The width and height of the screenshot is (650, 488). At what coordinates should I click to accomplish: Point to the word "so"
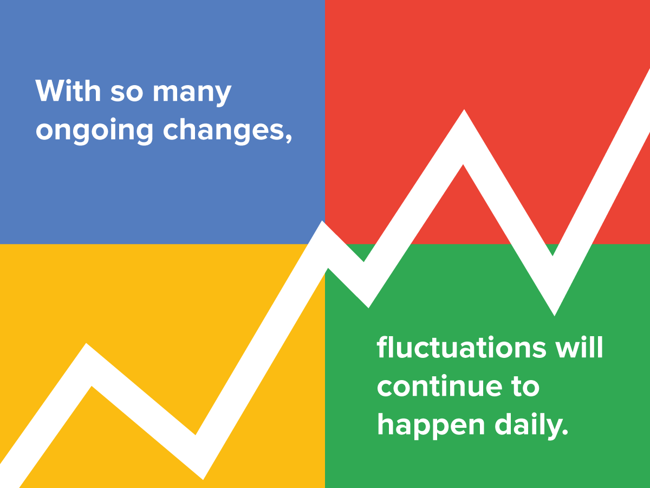click(127, 92)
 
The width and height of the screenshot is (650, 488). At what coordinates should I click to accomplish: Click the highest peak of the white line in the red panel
click(464, 136)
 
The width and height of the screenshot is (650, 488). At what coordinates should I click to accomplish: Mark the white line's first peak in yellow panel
click(88, 363)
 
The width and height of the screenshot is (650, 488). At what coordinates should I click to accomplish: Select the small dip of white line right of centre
click(366, 285)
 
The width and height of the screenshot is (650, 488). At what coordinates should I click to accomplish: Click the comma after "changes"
click(288, 140)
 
